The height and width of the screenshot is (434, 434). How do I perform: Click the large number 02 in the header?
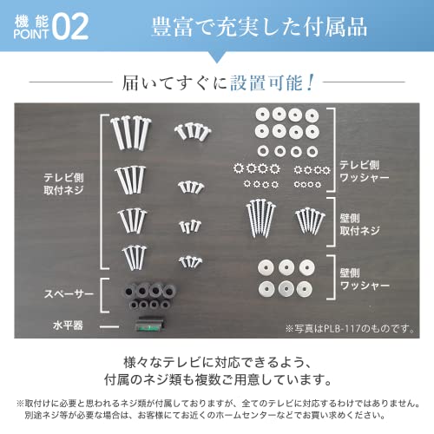(x=68, y=27)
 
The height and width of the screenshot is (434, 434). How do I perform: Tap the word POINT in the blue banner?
(x=29, y=36)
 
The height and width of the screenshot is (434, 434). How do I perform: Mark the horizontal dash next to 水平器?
(x=108, y=326)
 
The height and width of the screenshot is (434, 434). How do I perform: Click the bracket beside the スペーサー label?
(x=103, y=295)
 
